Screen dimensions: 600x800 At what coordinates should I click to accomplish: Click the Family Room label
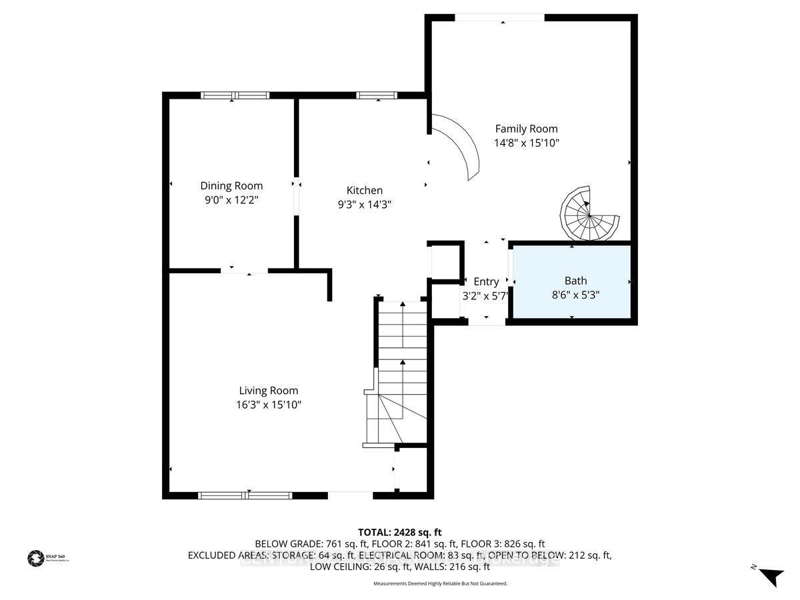tap(526, 129)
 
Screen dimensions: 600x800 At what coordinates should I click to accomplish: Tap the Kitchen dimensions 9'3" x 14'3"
tap(364, 205)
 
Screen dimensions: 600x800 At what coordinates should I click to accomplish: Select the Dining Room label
tap(231, 186)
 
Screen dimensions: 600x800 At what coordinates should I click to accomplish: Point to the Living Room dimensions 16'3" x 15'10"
tap(268, 405)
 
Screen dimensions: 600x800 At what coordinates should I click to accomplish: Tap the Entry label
tap(486, 281)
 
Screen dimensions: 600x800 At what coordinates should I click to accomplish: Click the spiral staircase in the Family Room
tap(588, 213)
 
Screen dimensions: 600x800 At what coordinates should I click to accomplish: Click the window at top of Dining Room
tap(235, 95)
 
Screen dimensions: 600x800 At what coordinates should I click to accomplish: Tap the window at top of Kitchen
tap(377, 95)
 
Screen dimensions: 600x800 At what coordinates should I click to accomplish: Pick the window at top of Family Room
tap(499, 18)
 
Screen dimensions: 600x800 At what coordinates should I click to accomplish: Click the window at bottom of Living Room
tap(245, 495)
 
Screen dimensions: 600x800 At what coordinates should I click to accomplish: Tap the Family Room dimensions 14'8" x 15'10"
tap(526, 143)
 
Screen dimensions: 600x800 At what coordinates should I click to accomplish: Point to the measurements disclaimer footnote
tap(440, 583)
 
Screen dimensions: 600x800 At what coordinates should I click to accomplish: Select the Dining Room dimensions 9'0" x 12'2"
tap(231, 199)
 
